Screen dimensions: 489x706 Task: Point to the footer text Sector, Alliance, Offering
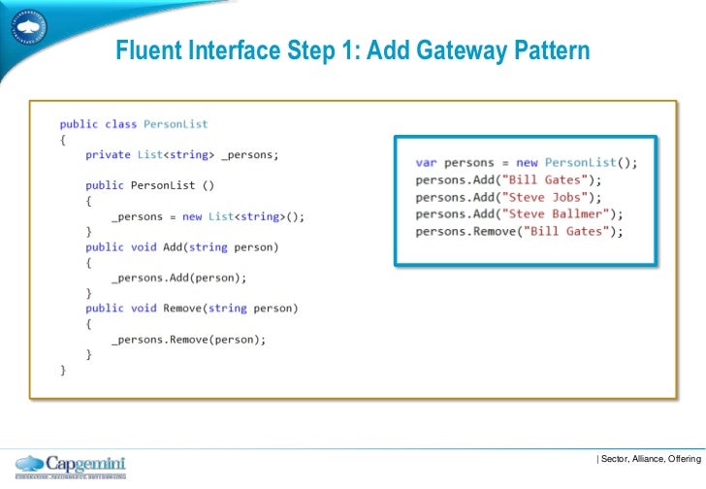[649, 458]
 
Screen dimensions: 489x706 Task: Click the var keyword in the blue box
[427, 162]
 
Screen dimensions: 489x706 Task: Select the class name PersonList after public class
[176, 124]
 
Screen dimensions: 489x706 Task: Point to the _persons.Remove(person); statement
[188, 340]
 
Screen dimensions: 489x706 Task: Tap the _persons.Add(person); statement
[178, 278]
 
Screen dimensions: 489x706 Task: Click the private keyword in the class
[108, 155]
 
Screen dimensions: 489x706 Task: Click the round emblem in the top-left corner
[28, 27]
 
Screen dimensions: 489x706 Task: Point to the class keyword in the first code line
[121, 124]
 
